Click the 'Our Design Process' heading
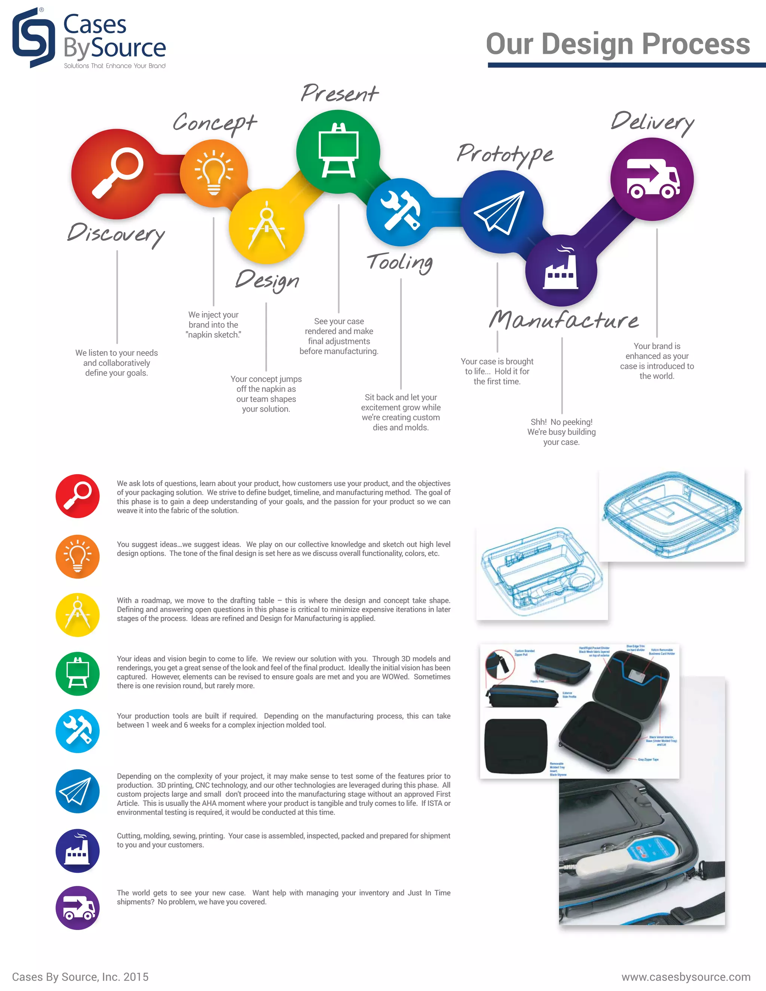618,44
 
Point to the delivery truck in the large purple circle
653,179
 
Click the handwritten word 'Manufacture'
564,320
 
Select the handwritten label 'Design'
267,280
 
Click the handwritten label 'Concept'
215,123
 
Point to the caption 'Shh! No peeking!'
561,422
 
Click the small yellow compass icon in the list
77,615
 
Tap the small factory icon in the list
77,851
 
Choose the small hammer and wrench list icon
77,731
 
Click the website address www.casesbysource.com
686,977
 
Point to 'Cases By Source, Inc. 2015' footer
80,977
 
